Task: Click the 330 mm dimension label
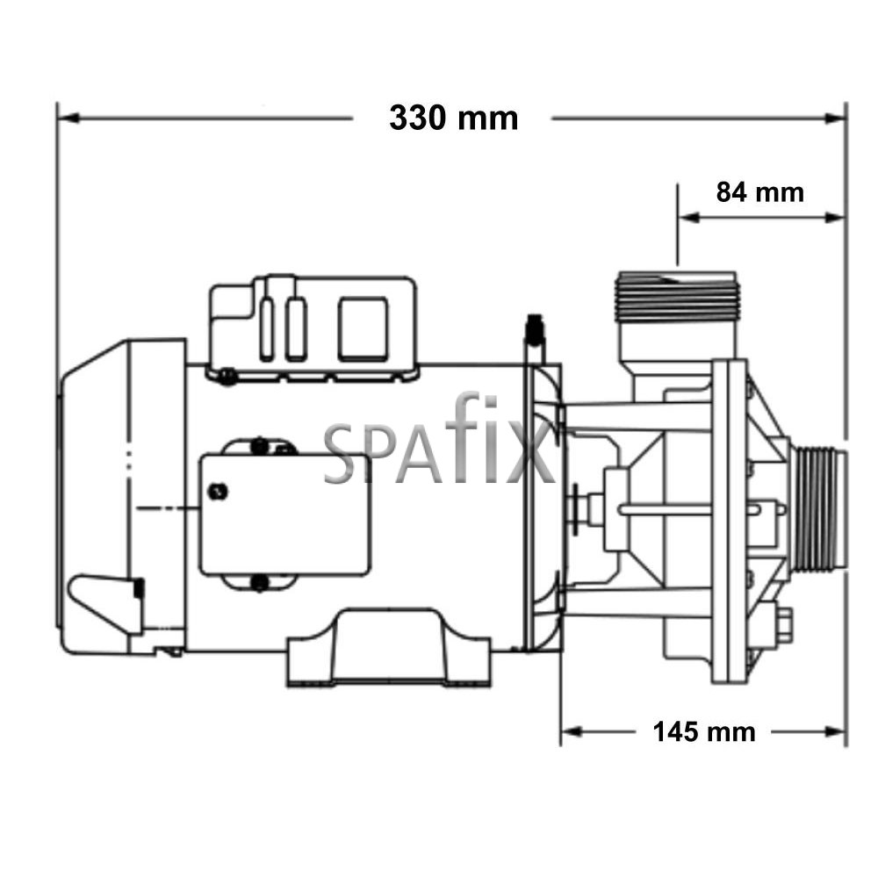pos(454,119)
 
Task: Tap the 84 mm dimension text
pos(759,192)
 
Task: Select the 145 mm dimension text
pos(704,732)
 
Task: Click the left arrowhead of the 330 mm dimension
pos(68,119)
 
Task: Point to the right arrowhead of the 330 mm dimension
pos(835,119)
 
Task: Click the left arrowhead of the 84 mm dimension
pos(688,217)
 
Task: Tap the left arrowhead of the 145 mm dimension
pos(572,732)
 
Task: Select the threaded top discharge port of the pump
pos(677,297)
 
